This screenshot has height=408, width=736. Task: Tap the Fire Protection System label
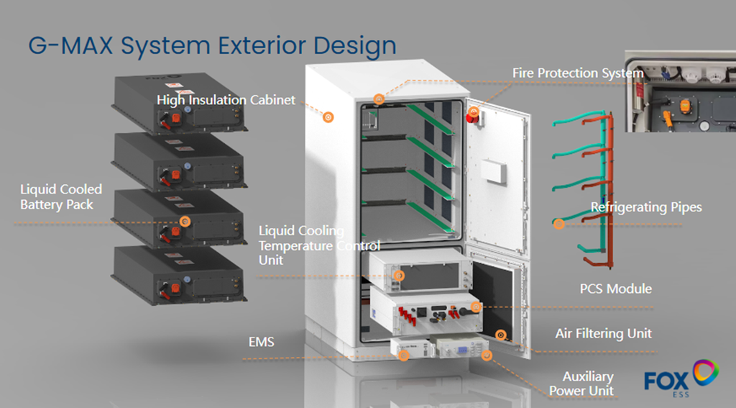tap(577, 73)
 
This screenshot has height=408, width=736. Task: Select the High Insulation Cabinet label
tap(226, 100)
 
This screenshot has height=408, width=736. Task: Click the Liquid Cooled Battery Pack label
tap(61, 196)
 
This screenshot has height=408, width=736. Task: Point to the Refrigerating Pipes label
tap(645, 207)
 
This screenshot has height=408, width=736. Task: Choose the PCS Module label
tap(615, 289)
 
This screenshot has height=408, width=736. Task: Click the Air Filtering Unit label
tap(603, 333)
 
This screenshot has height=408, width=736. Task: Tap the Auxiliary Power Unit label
tap(584, 384)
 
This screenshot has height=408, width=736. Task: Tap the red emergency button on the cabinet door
tap(474, 114)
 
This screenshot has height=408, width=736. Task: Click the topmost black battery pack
tap(179, 104)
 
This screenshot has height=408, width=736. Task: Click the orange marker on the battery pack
tap(185, 222)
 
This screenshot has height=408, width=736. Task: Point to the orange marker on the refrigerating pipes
tap(559, 224)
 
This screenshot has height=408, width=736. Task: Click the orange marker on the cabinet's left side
tap(328, 117)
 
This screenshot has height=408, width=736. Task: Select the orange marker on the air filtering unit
tap(501, 335)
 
